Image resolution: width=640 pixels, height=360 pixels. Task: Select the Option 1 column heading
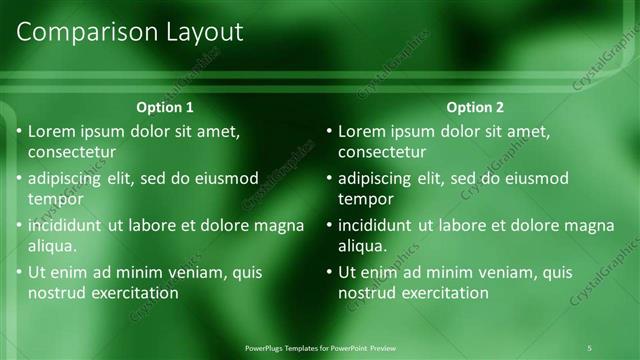[x=165, y=107]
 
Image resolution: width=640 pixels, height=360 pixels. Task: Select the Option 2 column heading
[x=476, y=107]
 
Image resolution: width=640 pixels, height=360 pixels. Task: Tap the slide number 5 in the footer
[x=589, y=347]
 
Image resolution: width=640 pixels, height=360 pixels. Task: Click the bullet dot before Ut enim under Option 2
[x=329, y=272]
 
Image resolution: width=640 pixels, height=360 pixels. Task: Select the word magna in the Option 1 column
[x=280, y=225]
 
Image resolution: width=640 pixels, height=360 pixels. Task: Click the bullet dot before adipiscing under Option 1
[x=19, y=179]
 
